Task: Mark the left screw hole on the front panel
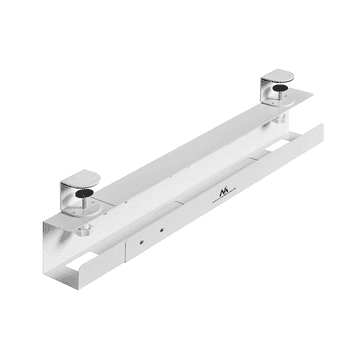(x=143, y=240)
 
